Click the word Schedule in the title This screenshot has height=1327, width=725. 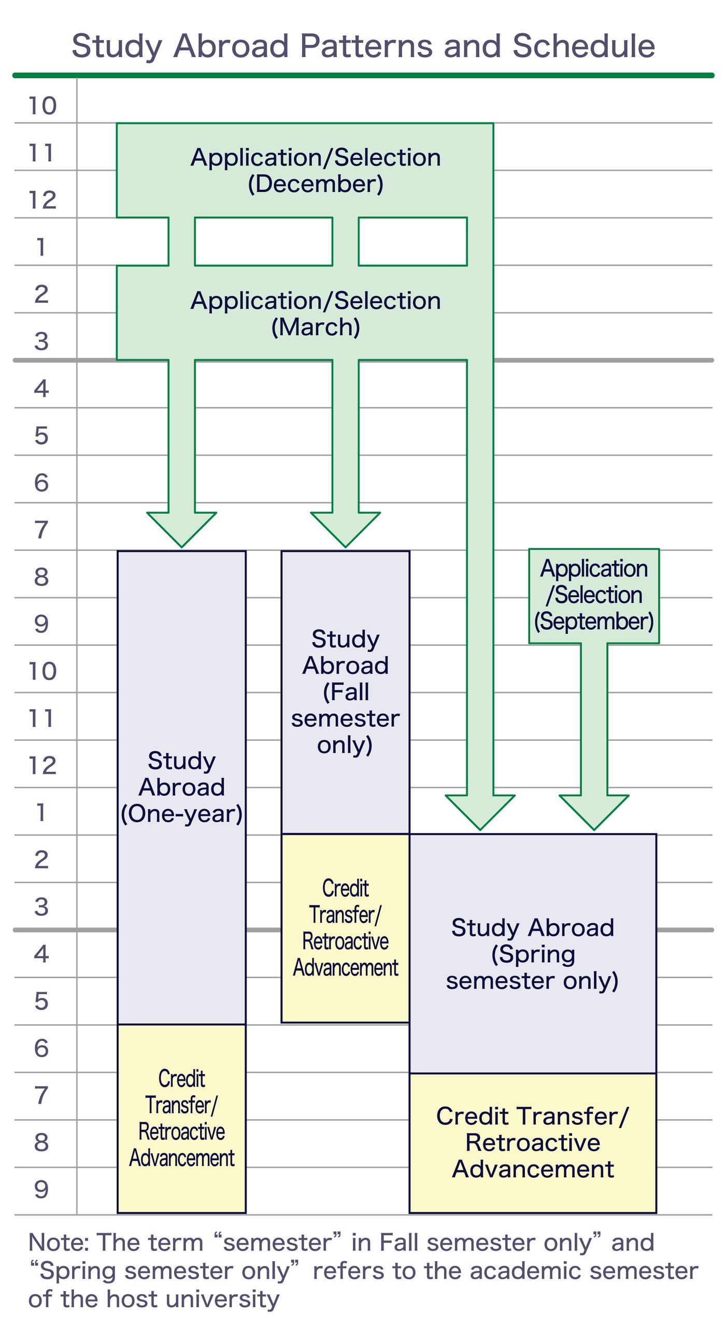(583, 46)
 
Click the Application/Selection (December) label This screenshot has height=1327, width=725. (316, 170)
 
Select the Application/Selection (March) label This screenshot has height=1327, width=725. (316, 313)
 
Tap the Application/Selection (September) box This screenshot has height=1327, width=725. (594, 595)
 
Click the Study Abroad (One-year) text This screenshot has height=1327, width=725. (181, 787)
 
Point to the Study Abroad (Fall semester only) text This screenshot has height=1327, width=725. (345, 691)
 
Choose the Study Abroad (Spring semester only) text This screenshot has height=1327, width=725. (532, 954)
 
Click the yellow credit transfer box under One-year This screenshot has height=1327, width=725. (181, 1118)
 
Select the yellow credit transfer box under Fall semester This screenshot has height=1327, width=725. (345, 928)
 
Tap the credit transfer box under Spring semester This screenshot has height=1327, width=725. (532, 1142)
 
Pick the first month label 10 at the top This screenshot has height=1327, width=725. (42, 106)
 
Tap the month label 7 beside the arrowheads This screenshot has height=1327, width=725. (41, 530)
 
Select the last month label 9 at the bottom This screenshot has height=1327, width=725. (41, 1190)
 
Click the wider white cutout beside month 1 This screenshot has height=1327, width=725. (263, 242)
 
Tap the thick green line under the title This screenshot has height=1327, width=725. (363, 75)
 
